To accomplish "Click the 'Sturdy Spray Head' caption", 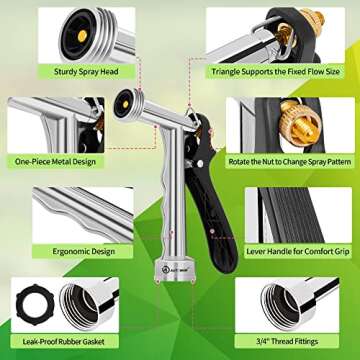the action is click(x=86, y=72).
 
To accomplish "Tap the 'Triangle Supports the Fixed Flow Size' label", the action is click(x=276, y=71).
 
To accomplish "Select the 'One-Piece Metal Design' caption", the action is click(x=55, y=162).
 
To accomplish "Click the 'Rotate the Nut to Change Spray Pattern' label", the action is click(x=290, y=162).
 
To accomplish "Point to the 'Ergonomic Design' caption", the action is click(x=84, y=251).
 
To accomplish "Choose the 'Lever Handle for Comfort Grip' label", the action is click(x=298, y=251).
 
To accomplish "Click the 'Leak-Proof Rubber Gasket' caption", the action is click(x=64, y=341).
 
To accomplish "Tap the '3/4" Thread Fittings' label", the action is click(x=287, y=341).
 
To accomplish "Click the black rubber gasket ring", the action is click(x=35, y=304).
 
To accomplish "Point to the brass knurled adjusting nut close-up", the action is click(x=301, y=123).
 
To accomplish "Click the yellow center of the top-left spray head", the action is click(x=82, y=36).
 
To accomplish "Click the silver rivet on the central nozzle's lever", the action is click(x=200, y=164).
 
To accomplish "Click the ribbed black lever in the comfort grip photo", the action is click(x=290, y=215).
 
